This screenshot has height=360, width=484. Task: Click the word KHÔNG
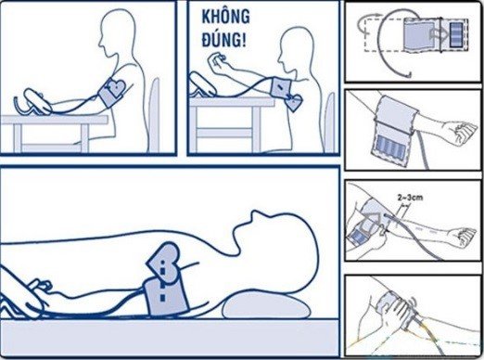tap(225, 17)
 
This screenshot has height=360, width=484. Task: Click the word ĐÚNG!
tap(224, 40)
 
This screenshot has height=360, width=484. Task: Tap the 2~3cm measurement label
tap(410, 197)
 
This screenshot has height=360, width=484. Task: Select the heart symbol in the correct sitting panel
tap(116, 87)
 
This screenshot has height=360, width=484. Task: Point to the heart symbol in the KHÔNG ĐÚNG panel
tap(293, 103)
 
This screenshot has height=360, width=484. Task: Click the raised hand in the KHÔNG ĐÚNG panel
tap(216, 62)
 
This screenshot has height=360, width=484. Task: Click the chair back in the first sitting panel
tap(154, 114)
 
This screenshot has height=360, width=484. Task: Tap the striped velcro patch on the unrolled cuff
tap(456, 34)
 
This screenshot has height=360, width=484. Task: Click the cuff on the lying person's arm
tap(166, 296)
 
